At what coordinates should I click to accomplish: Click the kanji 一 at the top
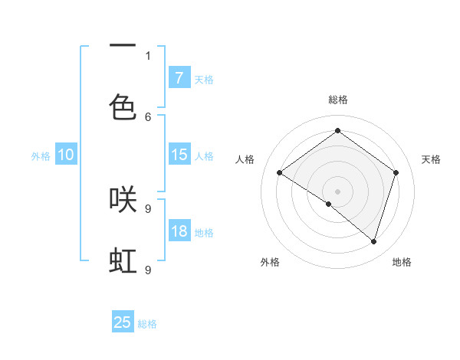[x=123, y=46]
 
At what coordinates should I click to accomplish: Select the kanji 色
[x=123, y=106]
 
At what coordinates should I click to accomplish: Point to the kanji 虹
[x=123, y=261]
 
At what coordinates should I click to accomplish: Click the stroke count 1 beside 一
[x=148, y=55]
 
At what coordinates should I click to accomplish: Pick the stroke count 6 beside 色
[x=148, y=116]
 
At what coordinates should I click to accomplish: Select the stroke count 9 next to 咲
[x=148, y=208]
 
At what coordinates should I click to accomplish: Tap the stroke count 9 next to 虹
[x=148, y=270]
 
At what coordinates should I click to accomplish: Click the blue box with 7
[x=179, y=78]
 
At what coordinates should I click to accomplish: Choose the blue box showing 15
[x=179, y=155]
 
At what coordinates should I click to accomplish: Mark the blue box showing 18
[x=179, y=231]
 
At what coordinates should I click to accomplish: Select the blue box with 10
[x=65, y=155]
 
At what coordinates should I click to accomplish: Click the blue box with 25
[x=123, y=322]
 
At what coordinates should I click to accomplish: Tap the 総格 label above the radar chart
[x=337, y=100]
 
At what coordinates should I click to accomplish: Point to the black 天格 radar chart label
[x=431, y=159]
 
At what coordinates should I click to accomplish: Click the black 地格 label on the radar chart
[x=402, y=262]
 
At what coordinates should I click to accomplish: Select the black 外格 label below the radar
[x=269, y=262]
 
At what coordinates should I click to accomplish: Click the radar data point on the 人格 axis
[x=280, y=173]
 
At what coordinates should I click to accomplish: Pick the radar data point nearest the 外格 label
[x=329, y=204]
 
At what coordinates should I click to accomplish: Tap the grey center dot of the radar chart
[x=337, y=190]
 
